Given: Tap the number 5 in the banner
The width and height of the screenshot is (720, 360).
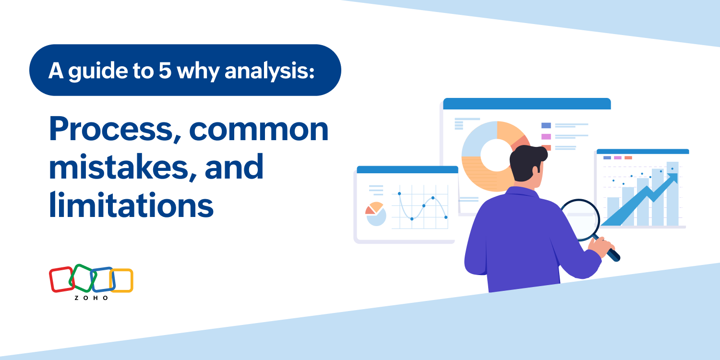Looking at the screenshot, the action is pyautogui.click(x=165, y=70).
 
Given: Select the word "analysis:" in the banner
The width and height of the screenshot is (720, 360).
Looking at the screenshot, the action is pyautogui.click(x=269, y=71).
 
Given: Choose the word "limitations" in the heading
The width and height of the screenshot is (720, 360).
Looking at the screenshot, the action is pyautogui.click(x=131, y=204).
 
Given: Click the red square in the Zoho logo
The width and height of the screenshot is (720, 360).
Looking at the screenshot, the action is pyautogui.click(x=61, y=279).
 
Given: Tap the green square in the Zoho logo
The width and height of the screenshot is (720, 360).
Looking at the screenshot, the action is pyautogui.click(x=83, y=278).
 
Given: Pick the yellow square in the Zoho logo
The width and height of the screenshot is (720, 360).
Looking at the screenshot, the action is pyautogui.click(x=121, y=280).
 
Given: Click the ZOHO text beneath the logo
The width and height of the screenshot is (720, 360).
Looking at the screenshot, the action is pyautogui.click(x=91, y=298).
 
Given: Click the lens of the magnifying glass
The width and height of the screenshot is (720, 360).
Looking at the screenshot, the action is pyautogui.click(x=580, y=220).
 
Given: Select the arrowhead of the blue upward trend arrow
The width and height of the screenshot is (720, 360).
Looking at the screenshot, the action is pyautogui.click(x=673, y=177).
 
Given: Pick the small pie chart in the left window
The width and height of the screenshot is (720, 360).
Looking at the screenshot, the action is pyautogui.click(x=375, y=214).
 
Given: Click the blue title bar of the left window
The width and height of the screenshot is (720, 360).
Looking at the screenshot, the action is pyautogui.click(x=407, y=170).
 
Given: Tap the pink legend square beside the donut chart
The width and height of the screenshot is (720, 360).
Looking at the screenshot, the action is pyautogui.click(x=546, y=137).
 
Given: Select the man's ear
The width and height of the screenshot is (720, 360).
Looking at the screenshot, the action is pyautogui.click(x=536, y=169).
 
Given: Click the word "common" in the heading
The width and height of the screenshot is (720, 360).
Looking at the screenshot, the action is pyautogui.click(x=259, y=129).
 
